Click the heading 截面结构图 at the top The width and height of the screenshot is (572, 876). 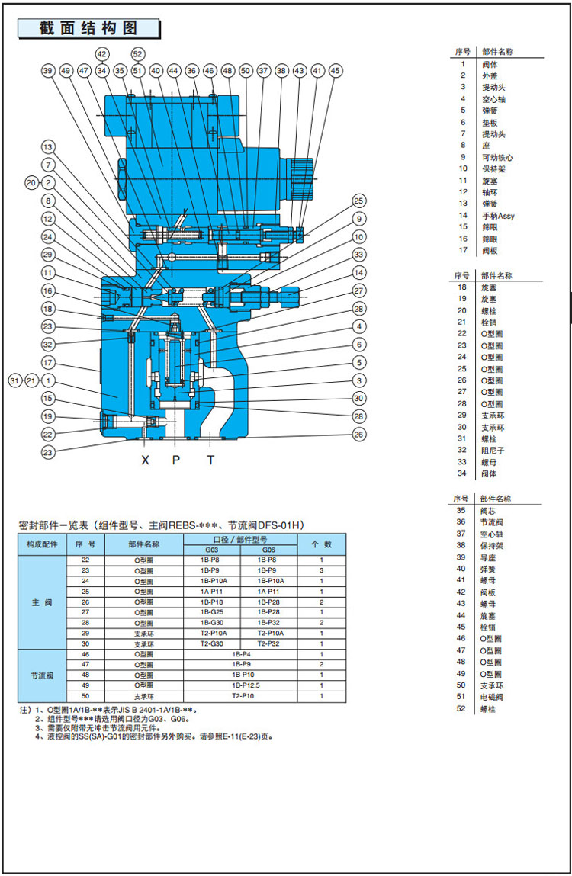coord(88,28)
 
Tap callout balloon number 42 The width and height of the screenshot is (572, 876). coord(101,53)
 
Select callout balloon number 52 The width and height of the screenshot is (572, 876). coord(137,53)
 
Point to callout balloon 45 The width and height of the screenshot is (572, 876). coord(336,70)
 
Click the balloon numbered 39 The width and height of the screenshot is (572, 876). coord(48,70)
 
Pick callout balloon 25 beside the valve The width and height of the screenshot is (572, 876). coord(358,201)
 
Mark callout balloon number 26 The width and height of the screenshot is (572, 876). coord(358,435)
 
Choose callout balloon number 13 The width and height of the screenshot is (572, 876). coord(48,146)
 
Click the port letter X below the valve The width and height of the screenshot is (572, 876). coord(145,460)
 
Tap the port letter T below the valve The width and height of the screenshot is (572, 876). coord(211,460)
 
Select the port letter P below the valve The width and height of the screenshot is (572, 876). coord(176,460)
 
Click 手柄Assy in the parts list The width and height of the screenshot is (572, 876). coord(497,216)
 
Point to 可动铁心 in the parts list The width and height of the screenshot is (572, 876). coord(496,157)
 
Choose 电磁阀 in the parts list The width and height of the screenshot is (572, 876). coord(492,697)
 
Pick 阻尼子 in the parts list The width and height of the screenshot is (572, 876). coord(492,451)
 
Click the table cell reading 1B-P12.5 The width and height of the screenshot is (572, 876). coord(241,685)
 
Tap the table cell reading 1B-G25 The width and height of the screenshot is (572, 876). coord(211,611)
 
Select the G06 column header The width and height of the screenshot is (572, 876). coord(268,550)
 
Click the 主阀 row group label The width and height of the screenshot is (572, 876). coord(41,602)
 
